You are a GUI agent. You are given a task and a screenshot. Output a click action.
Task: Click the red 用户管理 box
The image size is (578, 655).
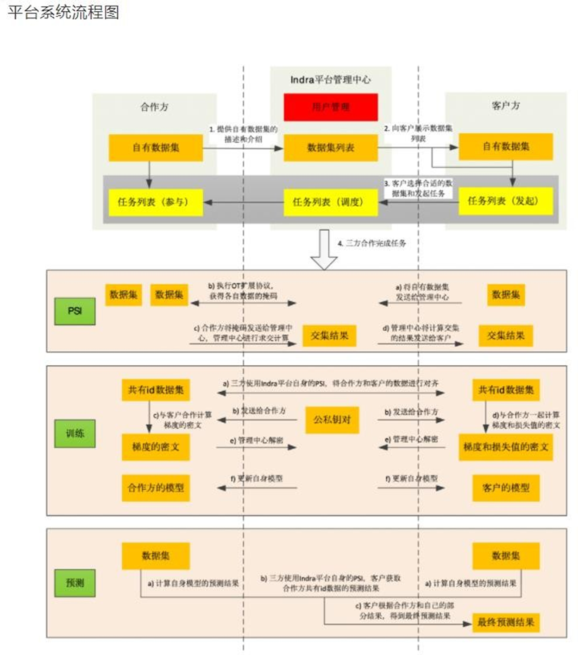(330, 107)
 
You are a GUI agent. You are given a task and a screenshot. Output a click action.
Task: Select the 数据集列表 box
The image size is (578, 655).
(330, 148)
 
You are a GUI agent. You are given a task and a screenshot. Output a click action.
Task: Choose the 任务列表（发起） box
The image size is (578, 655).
(505, 202)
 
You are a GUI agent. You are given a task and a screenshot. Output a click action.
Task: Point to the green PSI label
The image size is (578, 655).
(75, 310)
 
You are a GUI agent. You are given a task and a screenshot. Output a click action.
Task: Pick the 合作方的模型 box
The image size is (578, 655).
(156, 487)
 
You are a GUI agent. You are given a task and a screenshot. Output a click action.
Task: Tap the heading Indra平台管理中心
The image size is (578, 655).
(330, 80)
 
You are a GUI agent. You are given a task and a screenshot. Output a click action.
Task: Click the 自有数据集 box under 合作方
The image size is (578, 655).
(156, 147)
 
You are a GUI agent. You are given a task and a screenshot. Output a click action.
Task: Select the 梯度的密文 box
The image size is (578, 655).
(156, 447)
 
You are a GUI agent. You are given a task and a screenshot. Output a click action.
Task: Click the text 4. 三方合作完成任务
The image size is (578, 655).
(372, 243)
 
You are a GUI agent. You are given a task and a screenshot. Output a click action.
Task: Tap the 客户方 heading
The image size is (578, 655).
(505, 107)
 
